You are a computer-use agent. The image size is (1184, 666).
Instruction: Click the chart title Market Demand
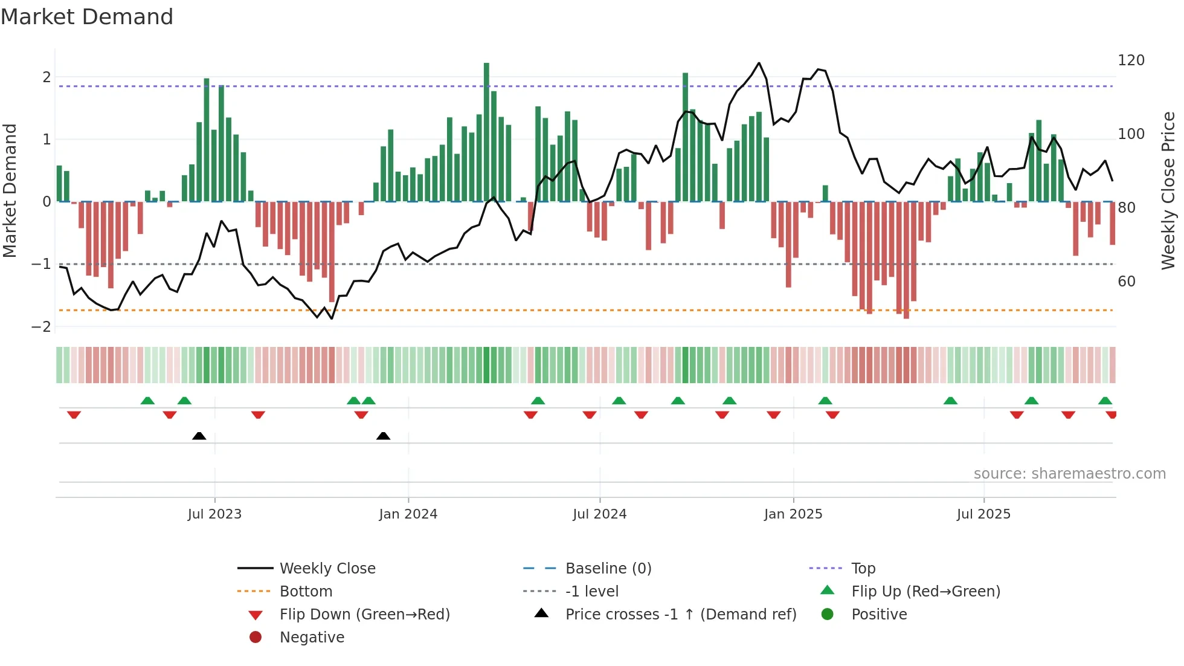[x=87, y=17]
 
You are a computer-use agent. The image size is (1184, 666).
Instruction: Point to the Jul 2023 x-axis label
[x=214, y=514]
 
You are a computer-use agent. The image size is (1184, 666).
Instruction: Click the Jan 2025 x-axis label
[x=793, y=514]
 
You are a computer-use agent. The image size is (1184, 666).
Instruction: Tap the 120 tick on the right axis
[x=1131, y=60]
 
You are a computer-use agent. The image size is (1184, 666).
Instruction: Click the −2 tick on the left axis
[x=41, y=326]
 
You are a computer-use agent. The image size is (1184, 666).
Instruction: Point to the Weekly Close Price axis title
[x=1168, y=190]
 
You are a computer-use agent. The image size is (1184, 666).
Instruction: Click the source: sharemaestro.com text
[x=1069, y=473]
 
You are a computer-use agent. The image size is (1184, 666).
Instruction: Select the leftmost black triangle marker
[x=199, y=436]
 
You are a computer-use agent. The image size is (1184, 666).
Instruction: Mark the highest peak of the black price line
[x=759, y=63]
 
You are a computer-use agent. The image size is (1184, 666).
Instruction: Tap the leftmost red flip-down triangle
[x=74, y=415]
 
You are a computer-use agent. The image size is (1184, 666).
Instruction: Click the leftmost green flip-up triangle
[x=147, y=401]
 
